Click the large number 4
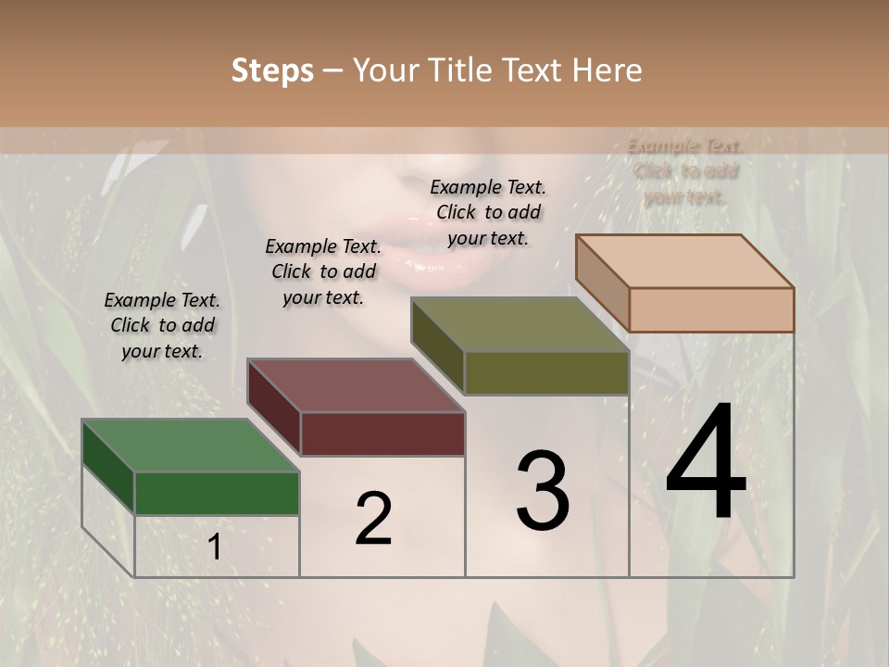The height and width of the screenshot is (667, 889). [706, 464]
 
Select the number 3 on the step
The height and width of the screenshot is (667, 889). [543, 491]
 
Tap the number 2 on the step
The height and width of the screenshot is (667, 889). [373, 519]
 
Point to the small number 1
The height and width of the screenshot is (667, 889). [214, 547]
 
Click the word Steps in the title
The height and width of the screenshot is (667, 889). [272, 70]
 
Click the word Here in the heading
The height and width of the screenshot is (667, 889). [607, 70]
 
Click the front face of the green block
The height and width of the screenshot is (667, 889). [217, 493]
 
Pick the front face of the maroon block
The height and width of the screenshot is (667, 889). [382, 434]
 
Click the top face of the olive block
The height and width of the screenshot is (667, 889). [520, 324]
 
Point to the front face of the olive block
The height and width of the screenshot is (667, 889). [546, 372]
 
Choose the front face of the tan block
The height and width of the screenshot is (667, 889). [711, 309]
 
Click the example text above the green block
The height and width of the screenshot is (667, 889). [162, 325]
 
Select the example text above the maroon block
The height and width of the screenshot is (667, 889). [323, 271]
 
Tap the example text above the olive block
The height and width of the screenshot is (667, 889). [488, 212]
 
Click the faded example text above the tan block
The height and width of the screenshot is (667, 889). [685, 171]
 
